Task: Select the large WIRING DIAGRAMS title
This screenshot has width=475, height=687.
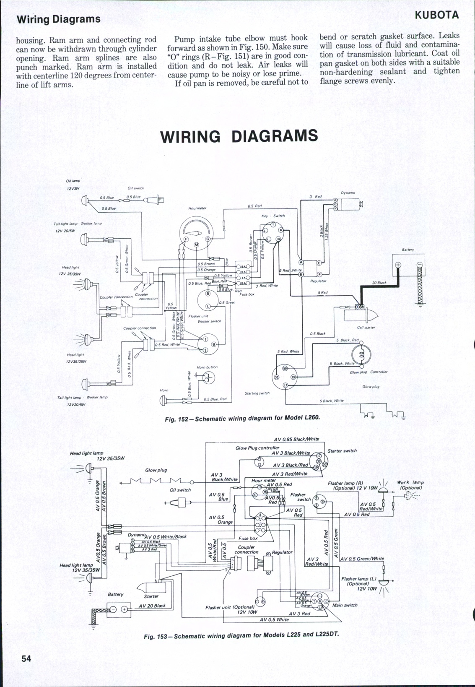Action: tap(239, 136)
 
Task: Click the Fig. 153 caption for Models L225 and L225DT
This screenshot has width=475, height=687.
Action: tap(241, 635)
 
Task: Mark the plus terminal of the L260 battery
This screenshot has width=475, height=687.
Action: tap(398, 265)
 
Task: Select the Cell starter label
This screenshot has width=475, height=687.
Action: tap(366, 327)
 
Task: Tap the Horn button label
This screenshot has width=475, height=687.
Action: tap(207, 367)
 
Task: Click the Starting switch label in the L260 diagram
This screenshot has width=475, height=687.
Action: tap(257, 393)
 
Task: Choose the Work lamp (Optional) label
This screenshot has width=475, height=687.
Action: tap(410, 485)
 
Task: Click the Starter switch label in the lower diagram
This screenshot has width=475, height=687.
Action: tap(342, 451)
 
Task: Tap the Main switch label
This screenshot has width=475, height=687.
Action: tap(345, 605)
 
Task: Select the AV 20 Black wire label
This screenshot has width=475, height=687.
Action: tap(152, 606)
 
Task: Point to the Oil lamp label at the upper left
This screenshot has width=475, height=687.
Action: tap(73, 181)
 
